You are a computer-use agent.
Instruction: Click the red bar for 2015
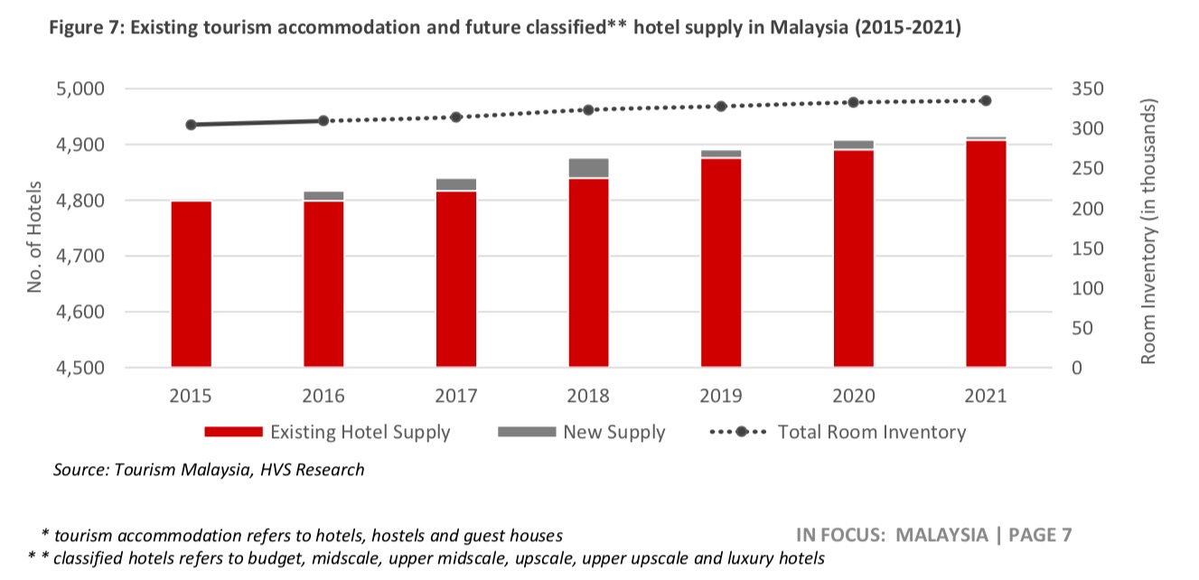(192, 284)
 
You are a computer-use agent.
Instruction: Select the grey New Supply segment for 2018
(588, 167)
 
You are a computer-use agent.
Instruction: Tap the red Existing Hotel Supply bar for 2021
(986, 254)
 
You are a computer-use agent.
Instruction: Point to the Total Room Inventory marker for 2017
(456, 117)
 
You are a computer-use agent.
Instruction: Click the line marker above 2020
(853, 102)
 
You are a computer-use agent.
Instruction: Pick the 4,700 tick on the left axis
(80, 257)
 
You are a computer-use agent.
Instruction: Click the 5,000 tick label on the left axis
(80, 89)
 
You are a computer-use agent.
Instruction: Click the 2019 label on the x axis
(720, 396)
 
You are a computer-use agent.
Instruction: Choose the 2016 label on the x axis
(323, 396)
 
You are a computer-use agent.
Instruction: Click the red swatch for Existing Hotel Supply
(233, 432)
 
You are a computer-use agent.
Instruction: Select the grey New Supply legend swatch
(526, 432)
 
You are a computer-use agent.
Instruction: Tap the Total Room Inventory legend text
(871, 432)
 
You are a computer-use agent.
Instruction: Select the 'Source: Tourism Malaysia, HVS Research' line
(209, 470)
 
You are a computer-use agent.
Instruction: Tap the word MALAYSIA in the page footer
(941, 534)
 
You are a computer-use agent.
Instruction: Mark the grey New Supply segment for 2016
(323, 195)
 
